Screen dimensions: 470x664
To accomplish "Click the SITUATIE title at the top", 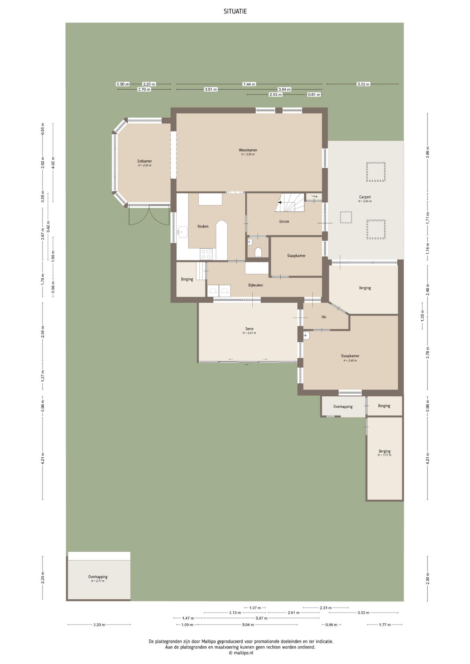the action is coord(235,12).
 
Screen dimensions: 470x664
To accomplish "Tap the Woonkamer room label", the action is coord(248,150).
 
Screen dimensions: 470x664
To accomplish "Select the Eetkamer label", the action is coord(145,161).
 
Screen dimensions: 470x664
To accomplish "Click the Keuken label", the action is coord(203,226).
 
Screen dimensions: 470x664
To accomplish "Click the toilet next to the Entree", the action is coord(258,252).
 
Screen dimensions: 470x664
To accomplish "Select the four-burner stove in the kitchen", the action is coord(206,255).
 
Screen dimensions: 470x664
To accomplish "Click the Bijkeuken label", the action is coord(255,285).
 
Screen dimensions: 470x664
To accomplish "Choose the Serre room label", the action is coord(249,329).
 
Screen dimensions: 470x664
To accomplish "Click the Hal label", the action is coord(324,317).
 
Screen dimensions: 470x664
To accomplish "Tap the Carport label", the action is coord(365,197).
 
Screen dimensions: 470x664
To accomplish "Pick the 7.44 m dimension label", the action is coord(249,84).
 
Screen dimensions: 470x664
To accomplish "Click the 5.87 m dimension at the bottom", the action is coord(261,618).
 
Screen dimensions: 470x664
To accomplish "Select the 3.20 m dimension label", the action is coord(99,625).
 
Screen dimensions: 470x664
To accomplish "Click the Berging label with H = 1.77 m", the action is coord(384,451).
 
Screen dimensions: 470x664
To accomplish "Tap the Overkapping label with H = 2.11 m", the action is coord(98,577).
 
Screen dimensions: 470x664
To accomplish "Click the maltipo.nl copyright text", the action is coord(241,653).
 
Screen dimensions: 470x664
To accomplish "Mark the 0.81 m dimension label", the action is coord(314,95).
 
